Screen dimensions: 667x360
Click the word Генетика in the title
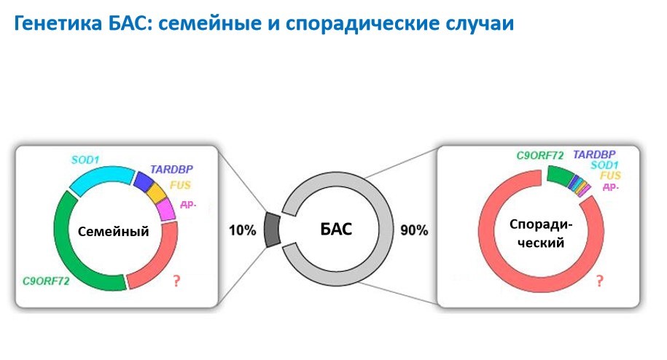coord(58,23)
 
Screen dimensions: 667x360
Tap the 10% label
coord(243,230)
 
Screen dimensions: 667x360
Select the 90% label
coord(414,230)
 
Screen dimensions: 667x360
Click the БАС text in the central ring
coord(336,229)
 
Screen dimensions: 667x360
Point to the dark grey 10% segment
coord(272,230)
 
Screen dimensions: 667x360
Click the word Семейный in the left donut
coord(113,231)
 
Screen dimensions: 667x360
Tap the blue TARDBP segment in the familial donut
coord(143,181)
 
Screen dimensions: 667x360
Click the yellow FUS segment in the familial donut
coord(156,193)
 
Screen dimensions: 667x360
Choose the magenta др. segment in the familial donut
coord(166,209)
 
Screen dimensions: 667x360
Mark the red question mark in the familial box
coord(176,281)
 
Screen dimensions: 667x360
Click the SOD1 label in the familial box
coord(85,160)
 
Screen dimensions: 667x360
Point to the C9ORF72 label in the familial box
coord(46,281)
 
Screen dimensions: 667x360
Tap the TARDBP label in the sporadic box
coord(594,154)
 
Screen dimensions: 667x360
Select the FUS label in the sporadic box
coord(610,175)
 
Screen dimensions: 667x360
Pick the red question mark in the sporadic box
coord(600,281)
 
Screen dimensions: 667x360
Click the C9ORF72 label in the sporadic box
coord(540,155)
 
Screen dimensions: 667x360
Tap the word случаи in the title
coord(480,24)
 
